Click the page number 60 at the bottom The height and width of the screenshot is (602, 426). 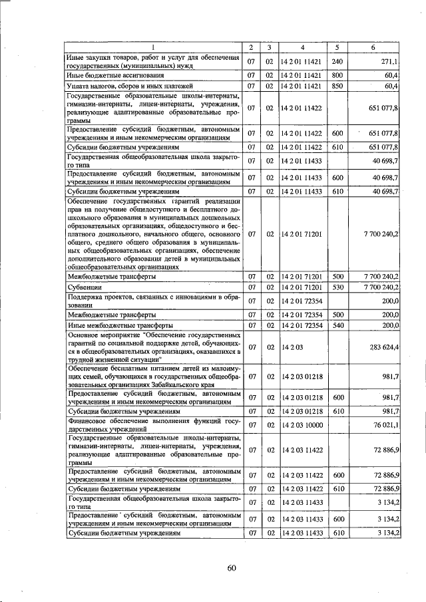coord(231,567)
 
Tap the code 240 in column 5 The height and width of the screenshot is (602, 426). coord(337,61)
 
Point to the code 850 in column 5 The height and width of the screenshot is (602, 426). coord(337,86)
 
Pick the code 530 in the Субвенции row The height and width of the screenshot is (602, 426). coord(337,287)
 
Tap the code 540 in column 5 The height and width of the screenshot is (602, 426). coord(337,326)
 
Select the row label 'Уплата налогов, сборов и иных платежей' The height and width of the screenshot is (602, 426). coord(129,86)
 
